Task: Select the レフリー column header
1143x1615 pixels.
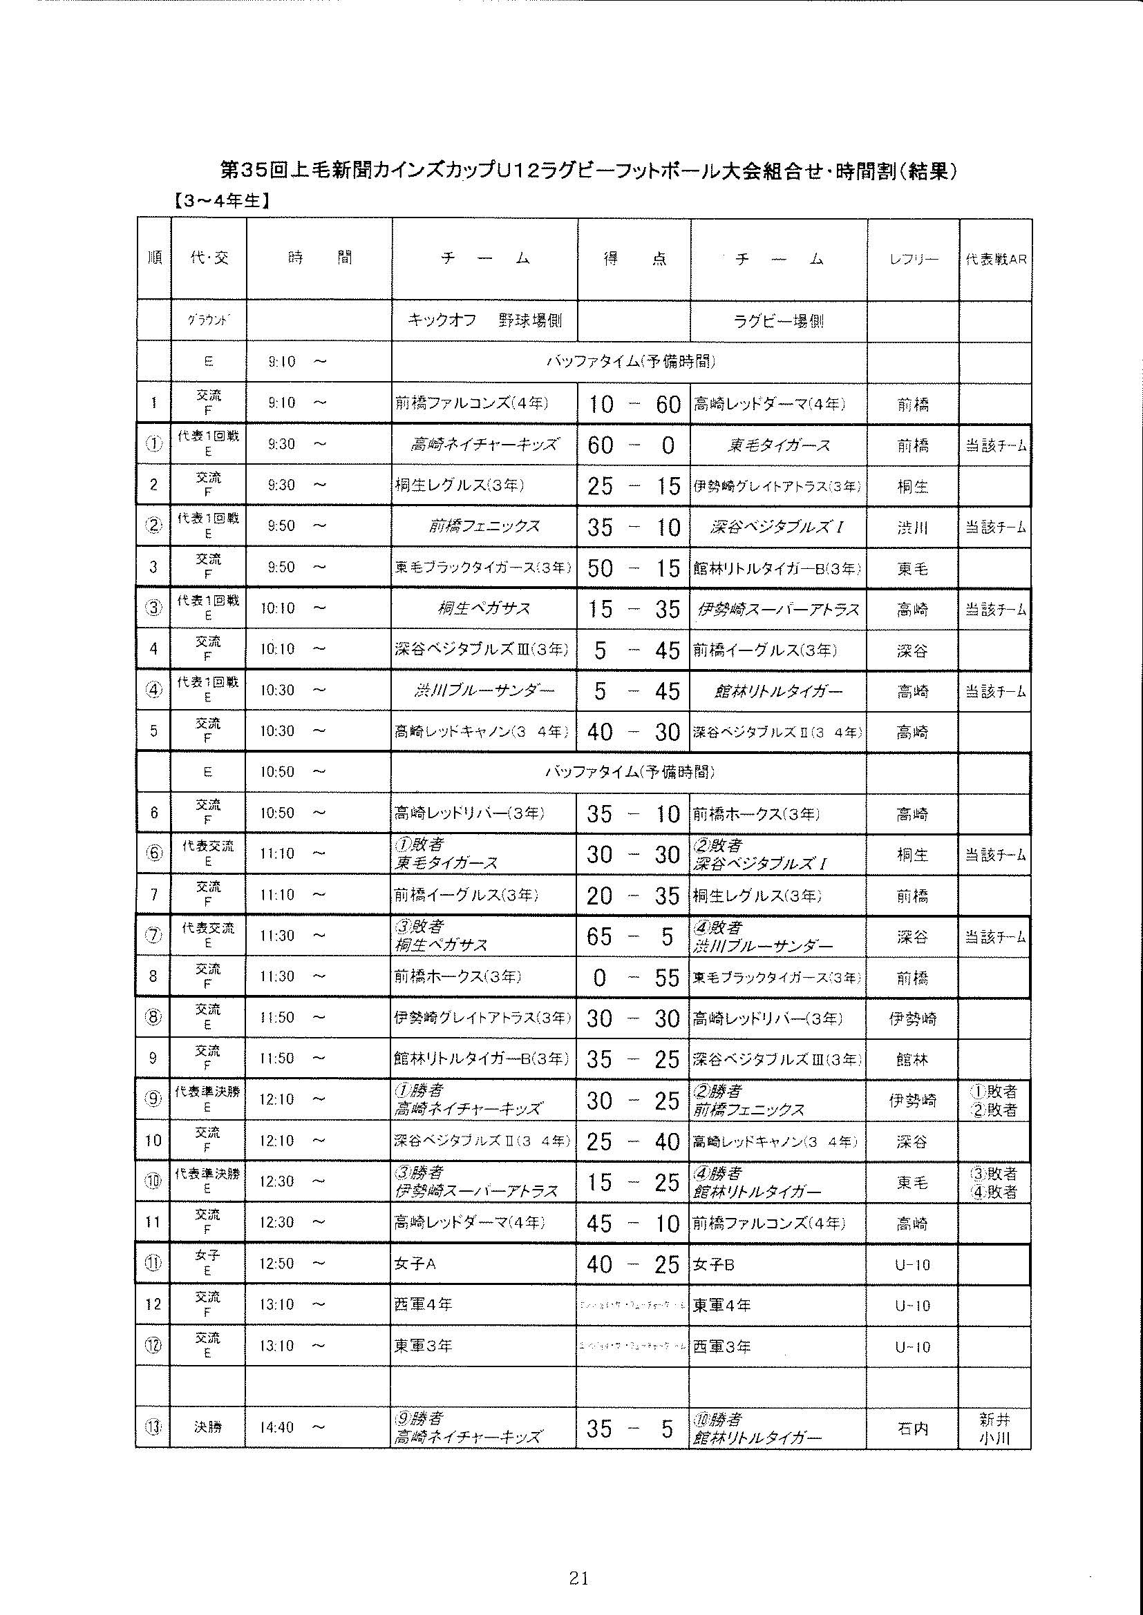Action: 913,259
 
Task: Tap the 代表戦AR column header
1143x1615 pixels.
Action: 995,259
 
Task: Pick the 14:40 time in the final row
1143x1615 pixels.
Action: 281,1427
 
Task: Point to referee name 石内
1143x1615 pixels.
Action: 913,1429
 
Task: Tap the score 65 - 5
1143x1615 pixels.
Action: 634,936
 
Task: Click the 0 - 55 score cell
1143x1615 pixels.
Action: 634,978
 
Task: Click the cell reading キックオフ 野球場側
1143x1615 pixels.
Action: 484,321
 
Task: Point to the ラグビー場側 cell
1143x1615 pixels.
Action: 778,321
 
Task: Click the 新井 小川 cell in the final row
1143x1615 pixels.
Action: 994,1429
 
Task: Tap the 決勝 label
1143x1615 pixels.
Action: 208,1428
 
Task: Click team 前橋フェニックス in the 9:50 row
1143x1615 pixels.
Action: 484,526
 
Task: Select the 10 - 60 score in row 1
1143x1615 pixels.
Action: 634,404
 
